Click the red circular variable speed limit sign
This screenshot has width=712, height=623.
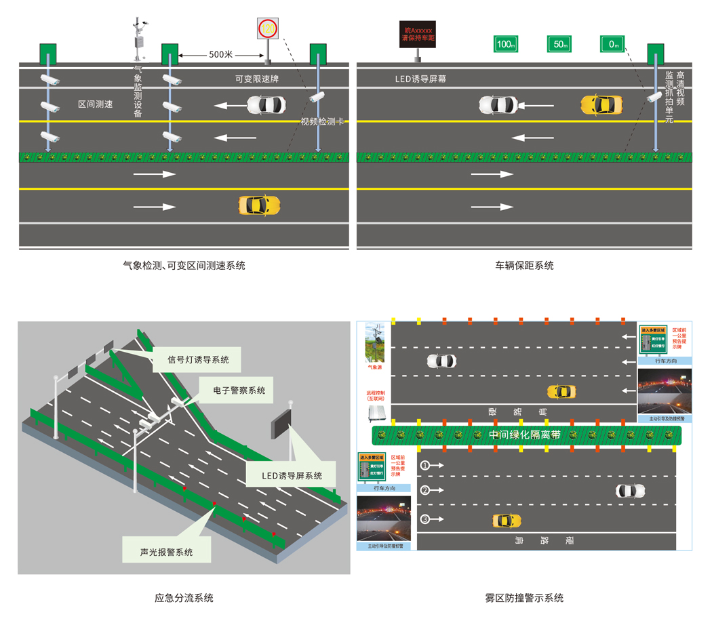pyautogui.click(x=268, y=29)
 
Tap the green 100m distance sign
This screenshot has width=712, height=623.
pyautogui.click(x=505, y=44)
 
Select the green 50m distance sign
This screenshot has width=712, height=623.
pyautogui.click(x=559, y=44)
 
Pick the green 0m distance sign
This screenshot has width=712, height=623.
pyautogui.click(x=612, y=44)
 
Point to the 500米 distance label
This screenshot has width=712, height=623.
pyautogui.click(x=220, y=54)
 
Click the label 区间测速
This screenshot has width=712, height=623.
pyautogui.click(x=95, y=104)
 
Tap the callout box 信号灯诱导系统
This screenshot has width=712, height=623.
pyautogui.click(x=199, y=359)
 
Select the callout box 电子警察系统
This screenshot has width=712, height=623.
pyautogui.click(x=239, y=390)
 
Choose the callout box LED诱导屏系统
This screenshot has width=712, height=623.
pyautogui.click(x=292, y=475)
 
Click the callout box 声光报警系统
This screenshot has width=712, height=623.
pyautogui.click(x=166, y=552)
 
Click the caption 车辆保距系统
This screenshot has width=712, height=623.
pyautogui.click(x=524, y=266)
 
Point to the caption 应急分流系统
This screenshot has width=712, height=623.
pyautogui.click(x=184, y=598)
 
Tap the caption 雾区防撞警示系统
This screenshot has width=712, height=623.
pyautogui.click(x=524, y=598)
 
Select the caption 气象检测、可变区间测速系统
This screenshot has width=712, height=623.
pyautogui.click(x=184, y=266)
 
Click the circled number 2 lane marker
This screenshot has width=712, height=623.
pyautogui.click(x=425, y=490)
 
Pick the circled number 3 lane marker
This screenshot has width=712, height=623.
pyautogui.click(x=425, y=520)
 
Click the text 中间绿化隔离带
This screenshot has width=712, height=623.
pyautogui.click(x=525, y=435)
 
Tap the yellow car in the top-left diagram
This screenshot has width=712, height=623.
pyautogui.click(x=259, y=205)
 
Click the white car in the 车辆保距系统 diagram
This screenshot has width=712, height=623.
pyautogui.click(x=498, y=105)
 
